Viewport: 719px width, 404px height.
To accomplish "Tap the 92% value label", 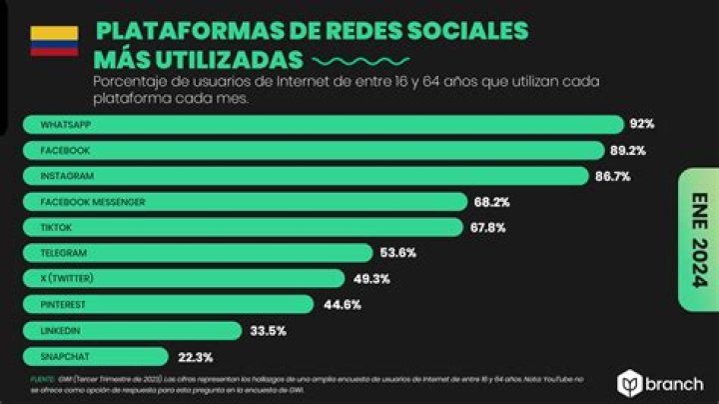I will click(x=641, y=124).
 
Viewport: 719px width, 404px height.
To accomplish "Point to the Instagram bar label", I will click(x=68, y=176).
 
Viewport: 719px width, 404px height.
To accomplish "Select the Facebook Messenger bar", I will click(x=245, y=202).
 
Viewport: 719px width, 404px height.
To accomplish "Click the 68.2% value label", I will click(x=491, y=202).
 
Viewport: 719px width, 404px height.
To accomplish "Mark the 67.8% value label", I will click(x=487, y=228).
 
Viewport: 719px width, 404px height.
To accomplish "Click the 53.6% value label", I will click(x=398, y=254).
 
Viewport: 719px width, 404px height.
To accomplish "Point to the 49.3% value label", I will click(x=370, y=279).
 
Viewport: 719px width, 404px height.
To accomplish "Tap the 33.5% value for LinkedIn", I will click(x=268, y=331).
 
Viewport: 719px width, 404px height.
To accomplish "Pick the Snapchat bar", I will click(x=96, y=356).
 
